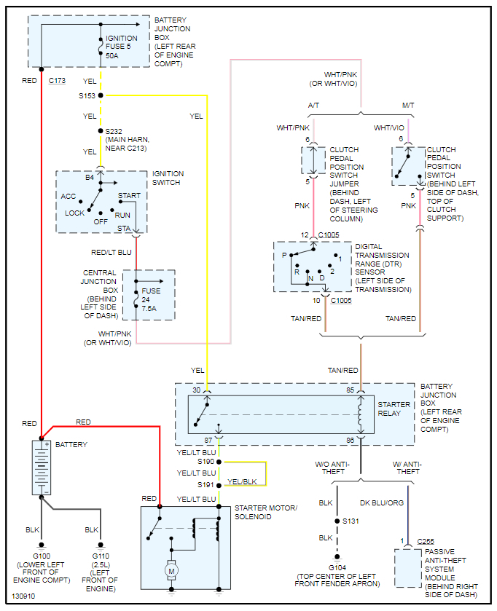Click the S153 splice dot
click(x=101, y=95)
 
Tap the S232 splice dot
click(x=101, y=131)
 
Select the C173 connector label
click(x=57, y=81)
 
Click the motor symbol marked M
click(x=171, y=571)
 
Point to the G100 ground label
click(x=42, y=556)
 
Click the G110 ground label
click(x=101, y=556)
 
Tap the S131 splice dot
click(x=337, y=521)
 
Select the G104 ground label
click(x=337, y=568)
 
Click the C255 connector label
click(x=426, y=541)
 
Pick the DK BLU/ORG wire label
click(x=382, y=503)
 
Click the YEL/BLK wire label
click(x=242, y=481)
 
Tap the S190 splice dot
click(x=219, y=462)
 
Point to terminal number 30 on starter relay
click(x=197, y=390)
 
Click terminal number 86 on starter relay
click(x=351, y=441)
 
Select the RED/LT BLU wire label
click(x=111, y=253)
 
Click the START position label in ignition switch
click(x=130, y=196)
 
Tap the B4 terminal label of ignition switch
click(x=90, y=177)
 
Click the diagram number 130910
click(x=23, y=596)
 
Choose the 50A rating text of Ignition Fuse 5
click(x=112, y=56)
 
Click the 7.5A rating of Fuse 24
click(x=149, y=308)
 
